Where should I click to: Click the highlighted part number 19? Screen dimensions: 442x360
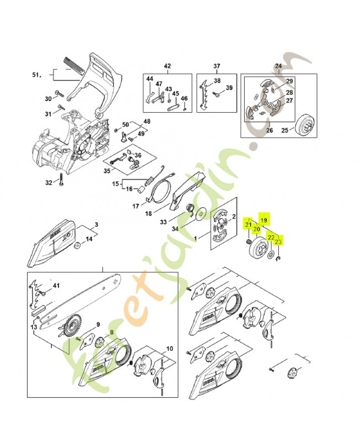(264, 220)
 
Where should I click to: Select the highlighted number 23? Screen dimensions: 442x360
(278, 241)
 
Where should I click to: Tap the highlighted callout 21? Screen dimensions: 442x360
(249, 224)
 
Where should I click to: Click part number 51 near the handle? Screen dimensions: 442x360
(36, 75)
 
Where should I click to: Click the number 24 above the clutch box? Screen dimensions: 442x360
(278, 66)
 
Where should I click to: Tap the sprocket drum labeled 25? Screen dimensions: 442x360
(302, 122)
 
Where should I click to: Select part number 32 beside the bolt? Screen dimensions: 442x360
(48, 182)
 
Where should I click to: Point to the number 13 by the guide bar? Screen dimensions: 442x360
(35, 328)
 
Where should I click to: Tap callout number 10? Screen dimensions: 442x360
(170, 349)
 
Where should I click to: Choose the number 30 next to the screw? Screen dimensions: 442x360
(48, 99)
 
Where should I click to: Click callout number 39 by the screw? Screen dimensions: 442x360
(230, 88)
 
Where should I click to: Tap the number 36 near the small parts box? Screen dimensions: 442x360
(138, 155)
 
